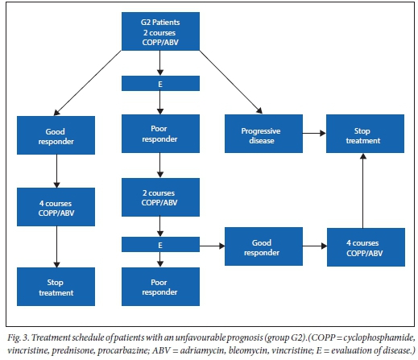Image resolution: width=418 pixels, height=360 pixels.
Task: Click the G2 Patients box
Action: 160,31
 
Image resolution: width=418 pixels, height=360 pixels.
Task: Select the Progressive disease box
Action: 263,134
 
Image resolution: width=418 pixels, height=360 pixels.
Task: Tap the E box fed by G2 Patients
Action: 160,84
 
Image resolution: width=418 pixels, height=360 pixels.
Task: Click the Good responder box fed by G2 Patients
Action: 56,135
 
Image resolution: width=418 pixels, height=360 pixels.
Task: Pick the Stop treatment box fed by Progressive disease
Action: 365,134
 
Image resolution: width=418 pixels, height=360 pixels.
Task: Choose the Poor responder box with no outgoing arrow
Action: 160,287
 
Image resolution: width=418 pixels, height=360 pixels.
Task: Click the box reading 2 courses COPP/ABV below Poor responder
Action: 160,197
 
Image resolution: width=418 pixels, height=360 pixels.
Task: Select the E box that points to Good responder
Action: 160,244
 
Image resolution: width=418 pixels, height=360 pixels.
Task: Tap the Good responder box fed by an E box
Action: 263,246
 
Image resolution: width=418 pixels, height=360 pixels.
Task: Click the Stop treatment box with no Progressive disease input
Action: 56,287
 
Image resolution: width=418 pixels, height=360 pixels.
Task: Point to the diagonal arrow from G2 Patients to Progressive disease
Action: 231,82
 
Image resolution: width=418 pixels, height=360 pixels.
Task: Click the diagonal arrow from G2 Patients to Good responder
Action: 88,83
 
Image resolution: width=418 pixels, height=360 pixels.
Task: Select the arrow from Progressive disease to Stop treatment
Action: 314,133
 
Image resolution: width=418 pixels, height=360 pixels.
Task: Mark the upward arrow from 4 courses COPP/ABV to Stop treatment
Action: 363,191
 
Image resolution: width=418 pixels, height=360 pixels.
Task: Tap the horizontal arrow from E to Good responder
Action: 213,246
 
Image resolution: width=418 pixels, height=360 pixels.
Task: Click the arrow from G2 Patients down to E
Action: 160,63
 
